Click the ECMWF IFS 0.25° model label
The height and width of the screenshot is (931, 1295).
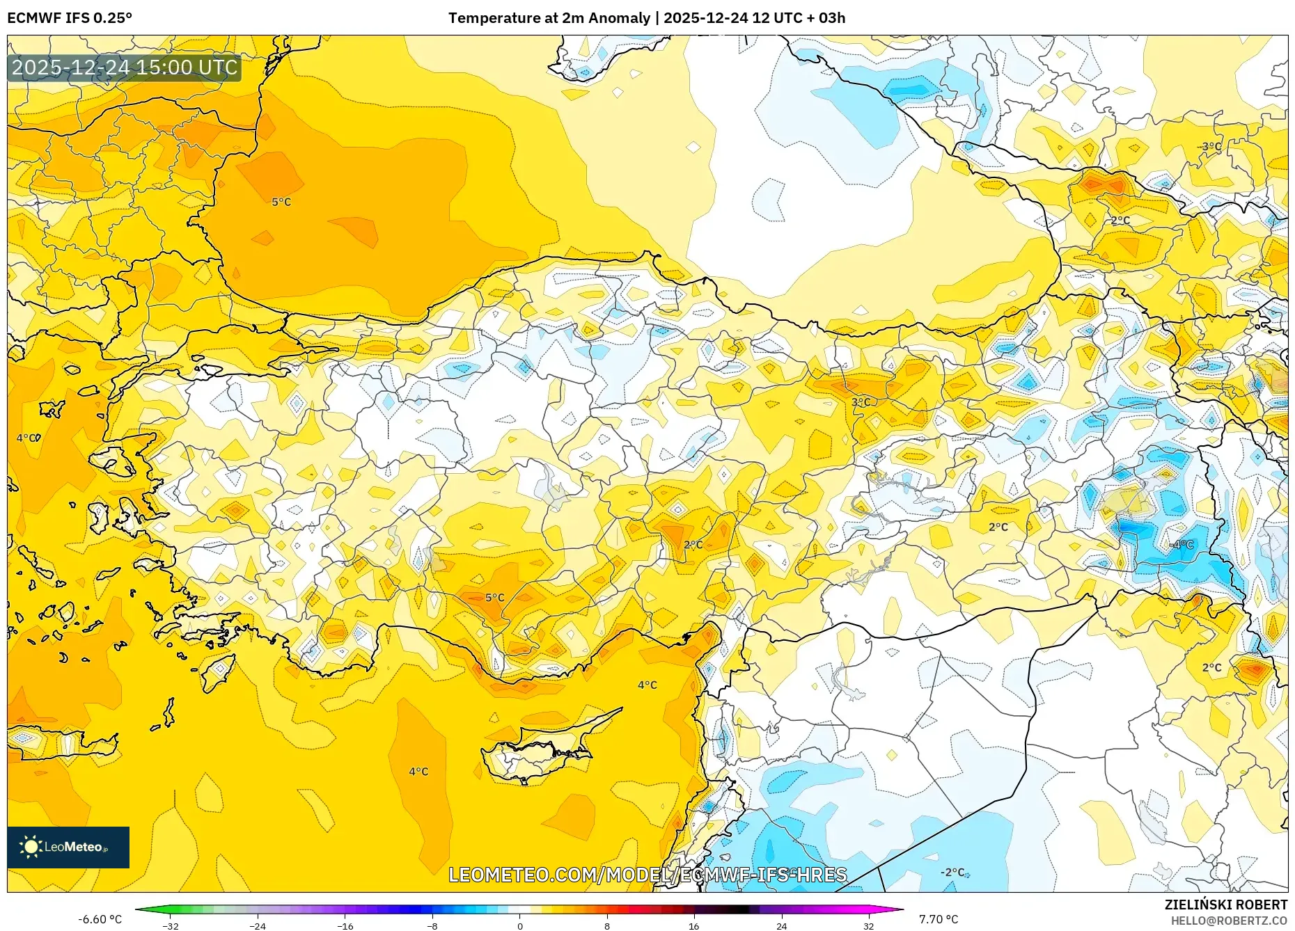tap(70, 18)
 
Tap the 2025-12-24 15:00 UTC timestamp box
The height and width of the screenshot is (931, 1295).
tap(125, 67)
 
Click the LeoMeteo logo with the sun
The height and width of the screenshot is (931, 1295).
tap(68, 847)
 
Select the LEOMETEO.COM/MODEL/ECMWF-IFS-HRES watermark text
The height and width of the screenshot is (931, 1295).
tap(647, 875)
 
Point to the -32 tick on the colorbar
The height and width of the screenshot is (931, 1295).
tap(171, 925)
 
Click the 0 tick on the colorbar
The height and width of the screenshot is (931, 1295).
tap(519, 925)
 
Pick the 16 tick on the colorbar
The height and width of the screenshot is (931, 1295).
tap(694, 925)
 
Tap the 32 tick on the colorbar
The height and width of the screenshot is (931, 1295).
tap(868, 925)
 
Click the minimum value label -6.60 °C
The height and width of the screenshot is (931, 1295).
tap(100, 919)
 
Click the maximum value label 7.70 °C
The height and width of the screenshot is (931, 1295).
tap(939, 919)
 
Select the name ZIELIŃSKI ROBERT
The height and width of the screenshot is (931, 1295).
tap(1225, 905)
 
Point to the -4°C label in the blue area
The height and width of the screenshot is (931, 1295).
tap(1182, 545)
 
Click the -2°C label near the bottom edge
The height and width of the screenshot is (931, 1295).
tap(952, 873)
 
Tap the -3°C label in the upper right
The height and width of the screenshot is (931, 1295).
tap(1210, 147)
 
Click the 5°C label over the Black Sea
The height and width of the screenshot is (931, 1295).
tap(281, 202)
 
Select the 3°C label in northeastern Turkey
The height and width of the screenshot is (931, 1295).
tap(861, 402)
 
